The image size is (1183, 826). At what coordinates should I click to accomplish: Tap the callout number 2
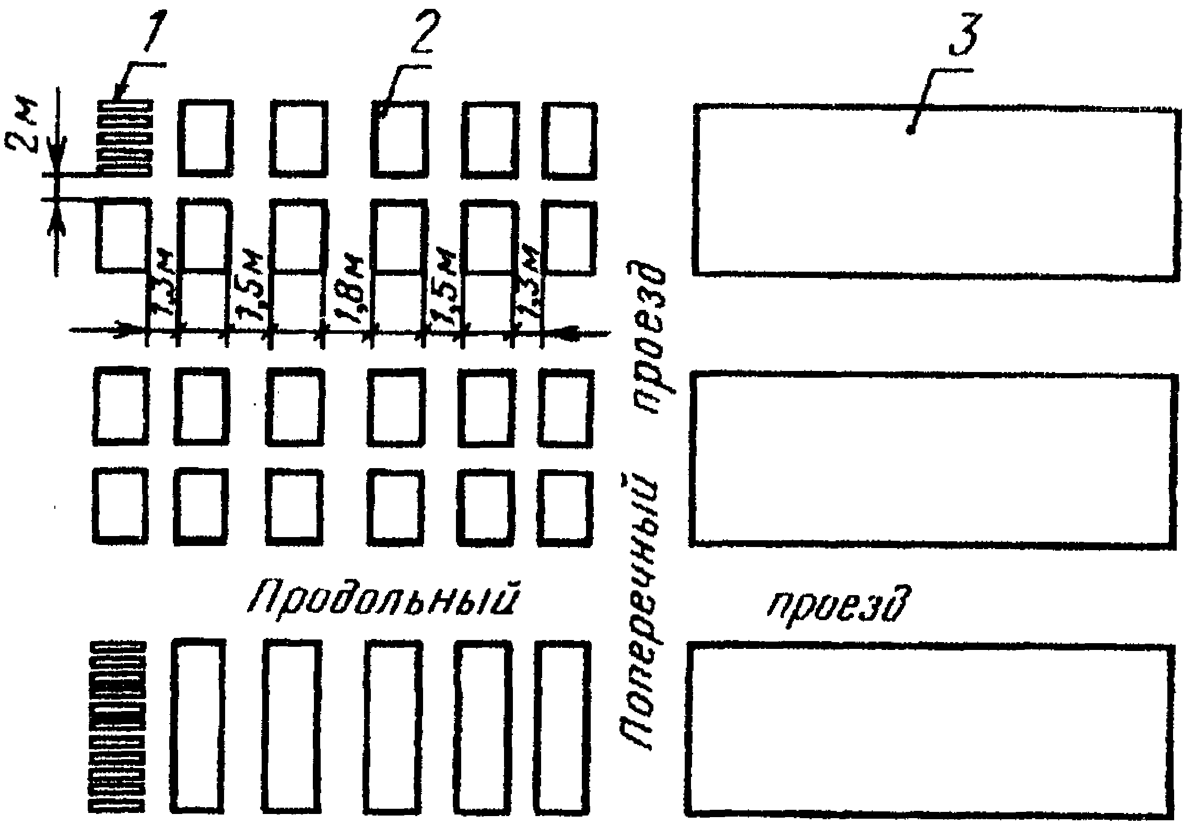coord(421,31)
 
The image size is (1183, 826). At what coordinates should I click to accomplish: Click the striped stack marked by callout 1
coord(125,138)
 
